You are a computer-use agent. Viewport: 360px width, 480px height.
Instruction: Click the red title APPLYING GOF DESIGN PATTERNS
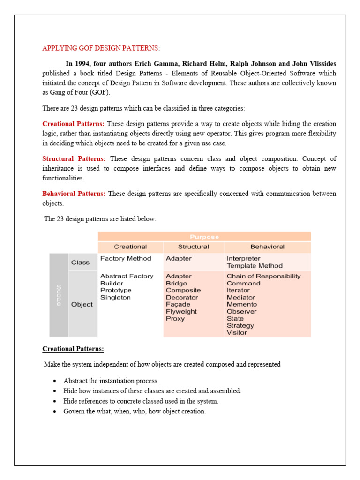coord(101,48)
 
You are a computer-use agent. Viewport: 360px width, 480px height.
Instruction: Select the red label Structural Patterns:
coord(74,158)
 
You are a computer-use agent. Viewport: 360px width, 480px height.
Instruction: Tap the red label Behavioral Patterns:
coord(74,194)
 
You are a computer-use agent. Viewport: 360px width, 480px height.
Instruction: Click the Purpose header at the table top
coord(204,237)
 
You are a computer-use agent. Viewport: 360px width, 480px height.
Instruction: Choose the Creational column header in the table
coord(130,247)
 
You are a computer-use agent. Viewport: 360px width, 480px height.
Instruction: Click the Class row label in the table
coord(80,262)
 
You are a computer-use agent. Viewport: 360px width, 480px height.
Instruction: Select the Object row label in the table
coord(82,304)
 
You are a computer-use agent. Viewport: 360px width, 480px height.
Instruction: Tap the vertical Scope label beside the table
coord(59,295)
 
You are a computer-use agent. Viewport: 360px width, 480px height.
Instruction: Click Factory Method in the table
coord(126,258)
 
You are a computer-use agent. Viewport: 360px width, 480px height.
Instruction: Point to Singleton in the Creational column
coord(115,297)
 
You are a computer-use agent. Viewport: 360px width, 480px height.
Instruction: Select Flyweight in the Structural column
coord(181,311)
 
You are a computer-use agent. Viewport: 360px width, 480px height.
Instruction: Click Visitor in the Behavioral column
coord(237,332)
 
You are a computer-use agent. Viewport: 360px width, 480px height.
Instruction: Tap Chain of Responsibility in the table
coord(263,276)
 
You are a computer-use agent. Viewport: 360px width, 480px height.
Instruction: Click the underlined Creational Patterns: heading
coord(73,349)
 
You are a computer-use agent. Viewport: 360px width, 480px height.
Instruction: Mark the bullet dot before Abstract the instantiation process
coord(55,381)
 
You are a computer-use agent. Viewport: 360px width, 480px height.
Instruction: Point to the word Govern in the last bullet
coord(74,411)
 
